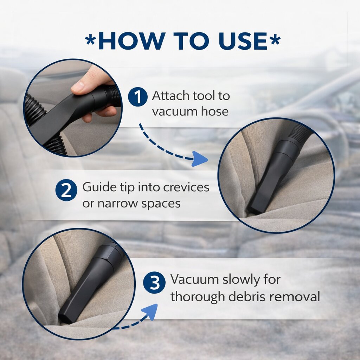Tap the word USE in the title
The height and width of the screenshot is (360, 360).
pyautogui.click(x=243, y=41)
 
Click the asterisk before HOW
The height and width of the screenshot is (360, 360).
pyautogui.click(x=90, y=40)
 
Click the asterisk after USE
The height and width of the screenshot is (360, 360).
pyautogui.click(x=275, y=40)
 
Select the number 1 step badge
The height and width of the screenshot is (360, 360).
pyautogui.click(x=138, y=97)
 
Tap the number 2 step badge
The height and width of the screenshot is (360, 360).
pyautogui.click(x=66, y=190)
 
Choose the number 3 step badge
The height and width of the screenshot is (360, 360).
pyautogui.click(x=154, y=283)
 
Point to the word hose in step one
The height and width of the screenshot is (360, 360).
pyautogui.click(x=215, y=111)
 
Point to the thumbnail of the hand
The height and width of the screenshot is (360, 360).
pyautogui.click(x=73, y=108)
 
